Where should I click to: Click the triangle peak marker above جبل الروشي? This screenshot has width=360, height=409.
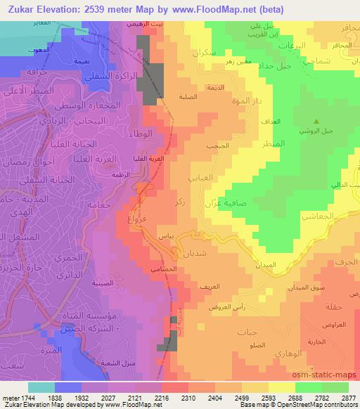pyautogui.click(x=316, y=121)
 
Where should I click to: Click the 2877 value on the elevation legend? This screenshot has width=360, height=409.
pyautogui.click(x=349, y=397)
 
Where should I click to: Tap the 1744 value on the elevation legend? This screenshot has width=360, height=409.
pyautogui.click(x=20, y=397)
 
